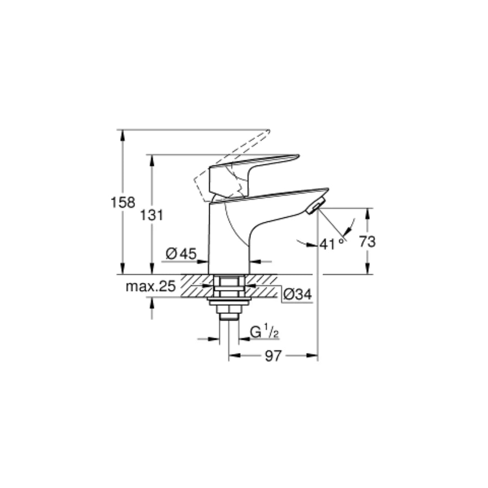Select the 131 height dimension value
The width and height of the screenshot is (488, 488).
(x=151, y=215)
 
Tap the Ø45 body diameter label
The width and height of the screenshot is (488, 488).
(x=181, y=254)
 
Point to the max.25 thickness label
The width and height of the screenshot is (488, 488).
(x=150, y=286)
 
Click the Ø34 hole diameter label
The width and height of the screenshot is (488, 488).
(x=297, y=295)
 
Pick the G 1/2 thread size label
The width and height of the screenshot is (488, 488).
(x=264, y=333)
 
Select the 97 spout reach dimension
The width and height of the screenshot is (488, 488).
(x=273, y=356)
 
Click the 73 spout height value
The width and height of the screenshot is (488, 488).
(x=367, y=242)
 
